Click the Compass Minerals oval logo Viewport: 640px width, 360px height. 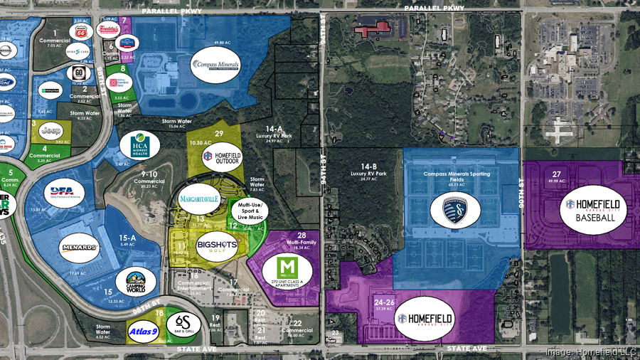[216, 66]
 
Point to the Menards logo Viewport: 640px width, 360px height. [79, 248]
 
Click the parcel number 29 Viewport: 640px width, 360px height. [219, 133]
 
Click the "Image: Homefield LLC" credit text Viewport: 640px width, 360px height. [590, 351]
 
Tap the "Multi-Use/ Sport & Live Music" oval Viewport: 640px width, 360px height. [247, 211]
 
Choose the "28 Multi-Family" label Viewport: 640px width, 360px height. [302, 240]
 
